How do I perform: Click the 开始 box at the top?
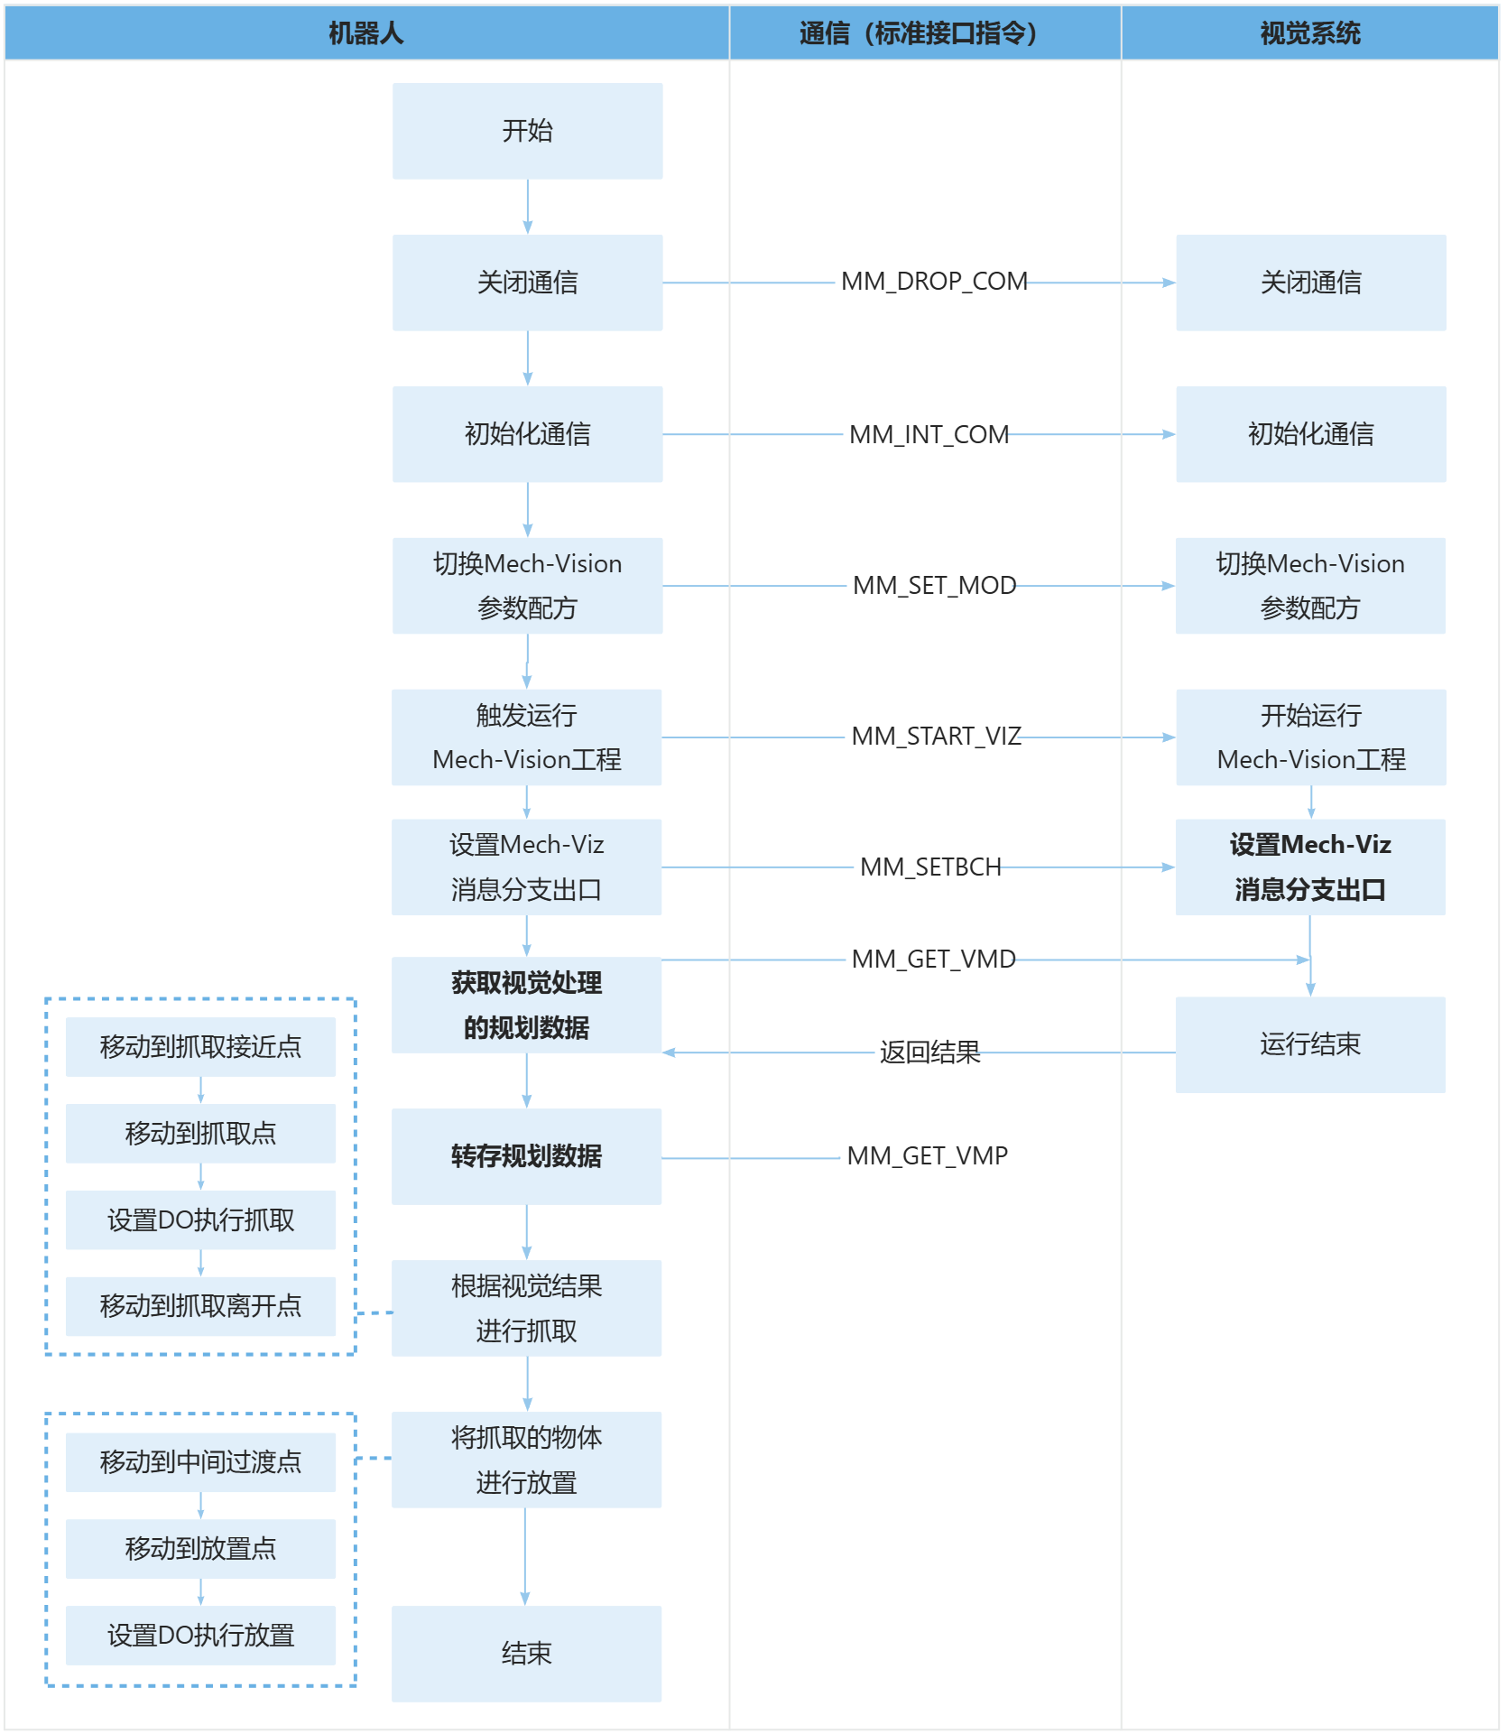point(527,131)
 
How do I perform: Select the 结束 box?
point(526,1653)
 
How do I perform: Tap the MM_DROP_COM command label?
point(934,282)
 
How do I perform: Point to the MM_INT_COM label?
point(929,434)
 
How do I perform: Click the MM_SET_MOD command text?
point(934,585)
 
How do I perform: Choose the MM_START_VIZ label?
point(936,736)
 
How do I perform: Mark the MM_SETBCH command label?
point(930,867)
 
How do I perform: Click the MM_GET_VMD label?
point(933,959)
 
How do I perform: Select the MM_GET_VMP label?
point(927,1155)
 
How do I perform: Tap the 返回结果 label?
point(929,1052)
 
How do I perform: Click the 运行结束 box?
point(1310,1044)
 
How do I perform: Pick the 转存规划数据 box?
point(526,1156)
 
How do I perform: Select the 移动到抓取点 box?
point(200,1133)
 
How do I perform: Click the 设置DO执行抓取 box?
point(200,1219)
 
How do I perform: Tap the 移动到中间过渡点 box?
point(200,1461)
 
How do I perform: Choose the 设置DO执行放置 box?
point(200,1635)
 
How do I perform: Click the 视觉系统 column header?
point(1310,33)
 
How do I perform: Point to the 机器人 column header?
point(366,33)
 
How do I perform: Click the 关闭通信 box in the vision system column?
point(1310,283)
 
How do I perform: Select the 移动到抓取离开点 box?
point(200,1305)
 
